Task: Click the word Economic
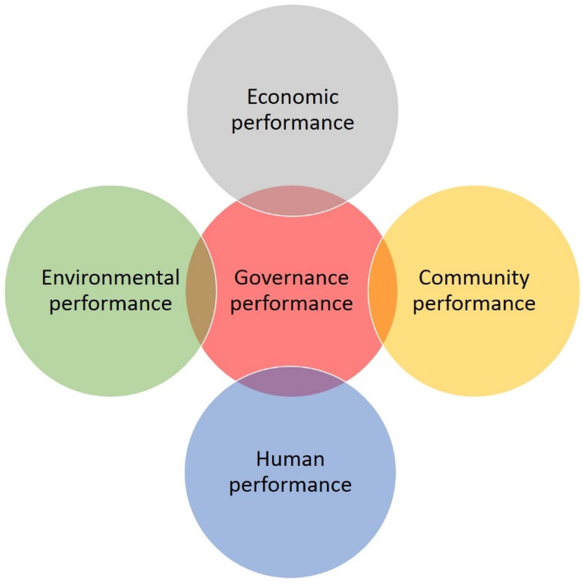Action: coord(292,97)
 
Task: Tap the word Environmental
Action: coord(110,278)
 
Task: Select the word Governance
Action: coord(291,278)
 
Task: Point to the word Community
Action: coord(474,278)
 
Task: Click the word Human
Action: coord(290,459)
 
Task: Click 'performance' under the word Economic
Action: coord(292,122)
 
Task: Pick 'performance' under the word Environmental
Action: coord(110,303)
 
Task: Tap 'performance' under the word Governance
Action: coord(291,303)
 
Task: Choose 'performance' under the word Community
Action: coord(474,303)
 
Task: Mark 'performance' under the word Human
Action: coord(290,485)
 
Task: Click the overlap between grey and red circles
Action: coord(291,201)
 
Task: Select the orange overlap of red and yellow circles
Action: coord(383,290)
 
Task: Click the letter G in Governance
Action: coord(241,278)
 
